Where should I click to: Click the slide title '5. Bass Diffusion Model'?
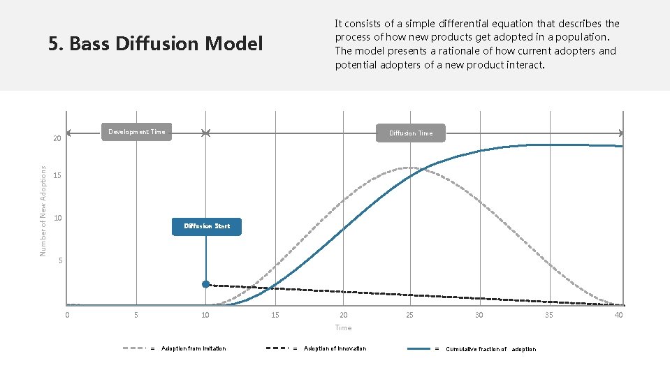(156, 45)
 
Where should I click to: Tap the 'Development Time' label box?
(136, 132)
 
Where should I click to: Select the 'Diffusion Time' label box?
(410, 133)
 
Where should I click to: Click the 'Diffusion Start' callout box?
(207, 226)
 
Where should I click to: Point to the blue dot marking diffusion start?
(206, 284)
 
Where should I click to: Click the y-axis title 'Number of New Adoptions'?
(43, 210)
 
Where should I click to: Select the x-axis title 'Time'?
(343, 327)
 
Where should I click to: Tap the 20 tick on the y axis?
(58, 139)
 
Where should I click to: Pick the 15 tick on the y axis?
(58, 175)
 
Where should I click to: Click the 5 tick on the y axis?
(61, 261)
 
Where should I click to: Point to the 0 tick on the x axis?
(67, 315)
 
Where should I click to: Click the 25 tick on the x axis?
(409, 315)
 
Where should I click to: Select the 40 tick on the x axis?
(618, 315)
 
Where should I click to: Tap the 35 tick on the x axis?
(549, 315)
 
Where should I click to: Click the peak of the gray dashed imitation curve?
(409, 168)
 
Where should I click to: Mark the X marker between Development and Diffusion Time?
(205, 133)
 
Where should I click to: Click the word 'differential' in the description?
(459, 24)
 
